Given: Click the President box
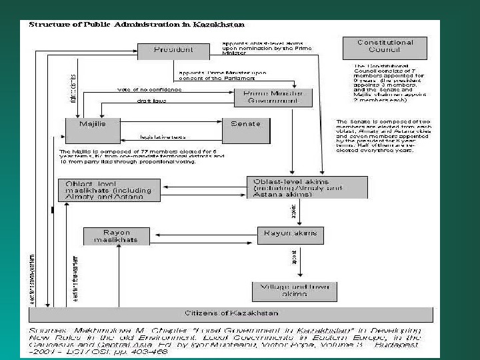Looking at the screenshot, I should (x=174, y=50).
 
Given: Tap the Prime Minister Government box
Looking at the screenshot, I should (x=273, y=97).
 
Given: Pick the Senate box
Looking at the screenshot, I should (x=245, y=130).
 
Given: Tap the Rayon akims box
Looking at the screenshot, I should (x=290, y=235).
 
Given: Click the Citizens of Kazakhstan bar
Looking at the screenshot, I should (x=231, y=313).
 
